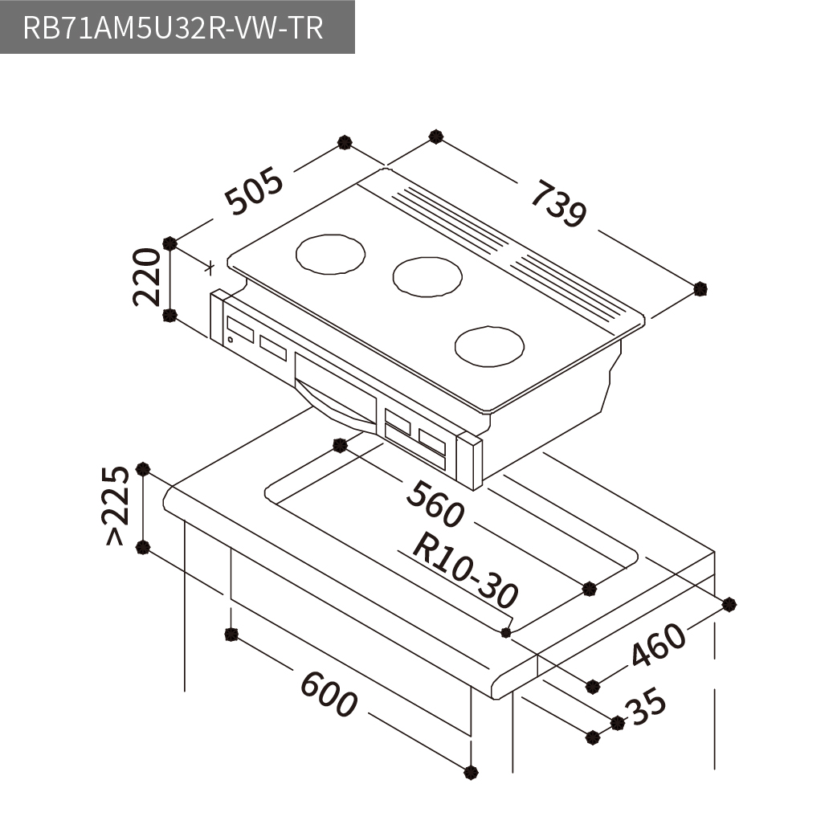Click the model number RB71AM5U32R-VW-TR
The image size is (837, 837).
pyautogui.click(x=173, y=28)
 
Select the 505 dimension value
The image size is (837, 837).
pyautogui.click(x=254, y=190)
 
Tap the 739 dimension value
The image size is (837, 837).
pyautogui.click(x=558, y=203)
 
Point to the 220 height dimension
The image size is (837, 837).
pyautogui.click(x=146, y=276)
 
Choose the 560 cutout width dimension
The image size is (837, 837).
pyautogui.click(x=435, y=504)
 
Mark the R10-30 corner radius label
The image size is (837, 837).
pyautogui.click(x=465, y=570)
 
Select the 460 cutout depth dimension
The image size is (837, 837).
pyautogui.click(x=658, y=644)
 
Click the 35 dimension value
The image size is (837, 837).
pyautogui.click(x=648, y=708)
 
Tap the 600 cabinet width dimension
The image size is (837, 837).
pyautogui.click(x=329, y=693)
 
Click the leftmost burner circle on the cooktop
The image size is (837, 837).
pyautogui.click(x=330, y=254)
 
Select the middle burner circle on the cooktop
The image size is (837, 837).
pyautogui.click(x=427, y=277)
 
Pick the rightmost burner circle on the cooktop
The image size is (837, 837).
pyautogui.click(x=489, y=346)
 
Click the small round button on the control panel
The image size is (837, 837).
pyautogui.click(x=230, y=340)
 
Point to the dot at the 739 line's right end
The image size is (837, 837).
pyautogui.click(x=701, y=289)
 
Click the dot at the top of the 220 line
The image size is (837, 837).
pyautogui.click(x=169, y=244)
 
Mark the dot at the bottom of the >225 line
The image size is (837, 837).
pyautogui.click(x=142, y=547)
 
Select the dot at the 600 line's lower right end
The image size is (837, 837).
pyautogui.click(x=471, y=772)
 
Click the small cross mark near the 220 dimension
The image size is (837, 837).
pyautogui.click(x=210, y=267)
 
